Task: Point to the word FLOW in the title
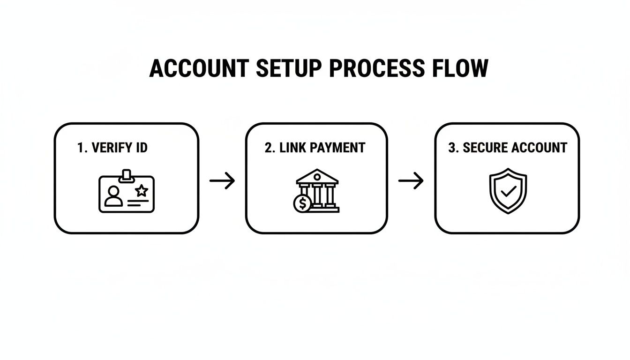(460, 68)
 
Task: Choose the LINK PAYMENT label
(322, 148)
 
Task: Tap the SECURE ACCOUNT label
(515, 148)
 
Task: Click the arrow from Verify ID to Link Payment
(222, 181)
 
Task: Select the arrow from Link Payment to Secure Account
(411, 181)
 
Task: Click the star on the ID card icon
(142, 190)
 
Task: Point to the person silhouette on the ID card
(113, 196)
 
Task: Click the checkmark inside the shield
(508, 191)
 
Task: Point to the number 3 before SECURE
(452, 148)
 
